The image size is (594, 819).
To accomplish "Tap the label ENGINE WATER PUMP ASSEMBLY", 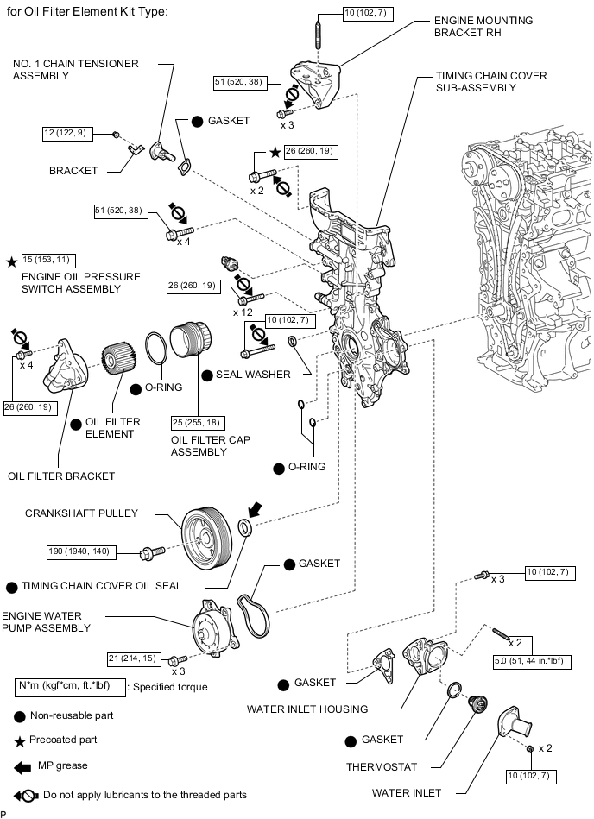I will tap(46, 621).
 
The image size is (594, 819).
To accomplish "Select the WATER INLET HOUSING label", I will tap(306, 709).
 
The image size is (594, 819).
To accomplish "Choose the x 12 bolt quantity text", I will tap(244, 312).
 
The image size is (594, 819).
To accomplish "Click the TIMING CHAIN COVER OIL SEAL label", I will tap(101, 586).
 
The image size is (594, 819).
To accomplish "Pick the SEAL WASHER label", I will tap(252, 375).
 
